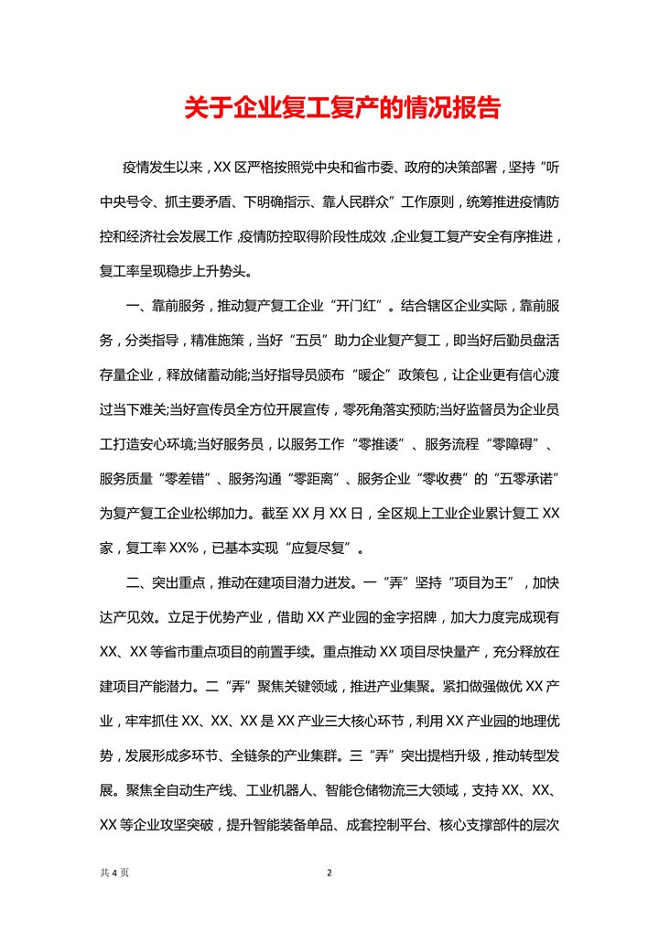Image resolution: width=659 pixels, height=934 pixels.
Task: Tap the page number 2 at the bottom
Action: tap(329, 873)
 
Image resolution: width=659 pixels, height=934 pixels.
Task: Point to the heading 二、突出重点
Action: tap(163, 583)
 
